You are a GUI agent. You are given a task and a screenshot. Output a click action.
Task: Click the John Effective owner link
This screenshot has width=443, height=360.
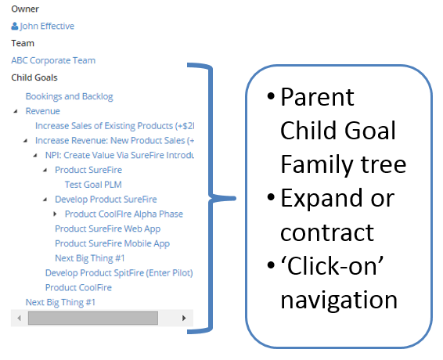pyautogui.click(x=47, y=27)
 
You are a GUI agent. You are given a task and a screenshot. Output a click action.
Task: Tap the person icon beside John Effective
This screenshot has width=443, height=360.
pyautogui.click(x=15, y=26)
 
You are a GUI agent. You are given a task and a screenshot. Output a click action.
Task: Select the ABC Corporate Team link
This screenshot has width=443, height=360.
pyautogui.click(x=53, y=60)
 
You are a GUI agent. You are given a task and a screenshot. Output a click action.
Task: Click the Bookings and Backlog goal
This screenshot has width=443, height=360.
pyautogui.click(x=69, y=96)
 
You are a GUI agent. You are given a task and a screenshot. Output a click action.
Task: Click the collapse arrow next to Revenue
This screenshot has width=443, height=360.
pyautogui.click(x=16, y=111)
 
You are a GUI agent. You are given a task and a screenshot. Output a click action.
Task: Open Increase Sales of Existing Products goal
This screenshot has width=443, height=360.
pyautogui.click(x=115, y=126)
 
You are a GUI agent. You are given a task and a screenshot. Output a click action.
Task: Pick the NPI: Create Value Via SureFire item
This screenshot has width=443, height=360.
pyautogui.click(x=120, y=156)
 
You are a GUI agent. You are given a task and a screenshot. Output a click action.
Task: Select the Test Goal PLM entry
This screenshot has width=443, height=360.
pyautogui.click(x=93, y=185)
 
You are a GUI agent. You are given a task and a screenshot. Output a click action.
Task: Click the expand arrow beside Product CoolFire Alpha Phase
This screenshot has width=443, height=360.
pyautogui.click(x=55, y=214)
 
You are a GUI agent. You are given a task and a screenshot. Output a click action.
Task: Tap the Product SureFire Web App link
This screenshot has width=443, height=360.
pyautogui.click(x=108, y=229)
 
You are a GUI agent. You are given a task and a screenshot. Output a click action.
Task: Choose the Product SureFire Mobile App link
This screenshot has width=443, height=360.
pyautogui.click(x=112, y=243)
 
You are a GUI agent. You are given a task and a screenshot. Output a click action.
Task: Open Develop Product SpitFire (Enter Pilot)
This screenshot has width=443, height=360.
pyautogui.click(x=119, y=273)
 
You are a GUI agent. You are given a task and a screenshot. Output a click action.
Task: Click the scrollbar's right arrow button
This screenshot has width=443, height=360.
pyautogui.click(x=184, y=319)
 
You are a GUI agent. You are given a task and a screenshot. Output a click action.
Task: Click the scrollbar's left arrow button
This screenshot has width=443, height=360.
pyautogui.click(x=20, y=319)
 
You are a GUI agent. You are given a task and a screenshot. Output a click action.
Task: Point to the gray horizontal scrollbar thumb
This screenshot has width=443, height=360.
pyautogui.click(x=93, y=319)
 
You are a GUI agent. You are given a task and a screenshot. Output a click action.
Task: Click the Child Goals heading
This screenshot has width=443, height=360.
pyautogui.click(x=34, y=77)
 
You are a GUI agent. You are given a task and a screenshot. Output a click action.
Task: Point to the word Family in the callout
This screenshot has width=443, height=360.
pyautogui.click(x=316, y=165)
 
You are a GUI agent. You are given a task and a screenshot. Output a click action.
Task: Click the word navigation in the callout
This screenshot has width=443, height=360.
pyautogui.click(x=339, y=301)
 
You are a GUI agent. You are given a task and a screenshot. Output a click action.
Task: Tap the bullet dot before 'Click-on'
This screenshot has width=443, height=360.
pyautogui.click(x=271, y=265)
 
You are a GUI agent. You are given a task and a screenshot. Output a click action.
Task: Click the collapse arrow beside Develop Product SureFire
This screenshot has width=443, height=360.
pyautogui.click(x=45, y=200)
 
